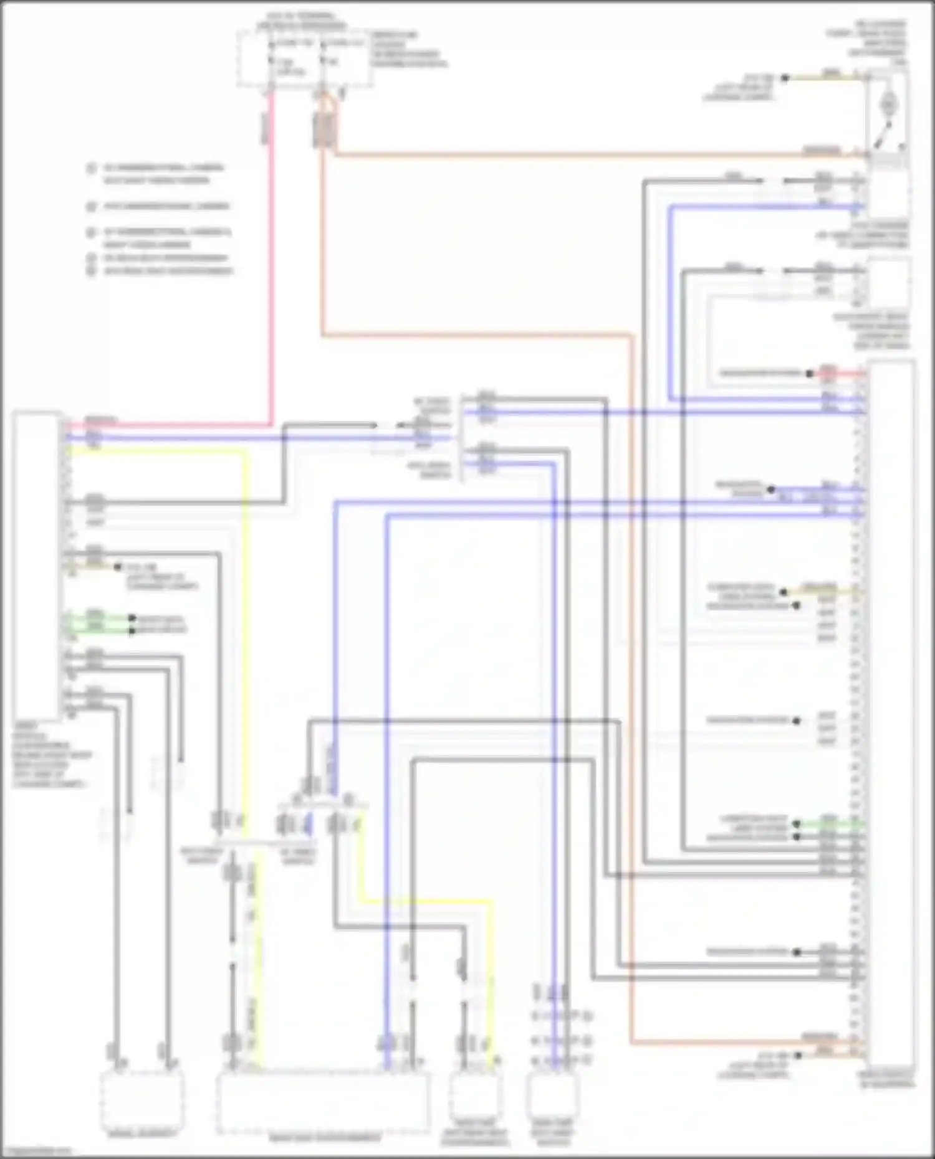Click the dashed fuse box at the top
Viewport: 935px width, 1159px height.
[304, 60]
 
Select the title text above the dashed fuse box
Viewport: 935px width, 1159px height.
[301, 21]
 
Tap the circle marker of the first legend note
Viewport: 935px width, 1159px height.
[92, 168]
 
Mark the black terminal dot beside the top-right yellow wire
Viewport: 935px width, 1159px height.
[785, 78]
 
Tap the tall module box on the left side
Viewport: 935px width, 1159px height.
[36, 564]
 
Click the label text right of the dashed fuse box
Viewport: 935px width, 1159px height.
[408, 50]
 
